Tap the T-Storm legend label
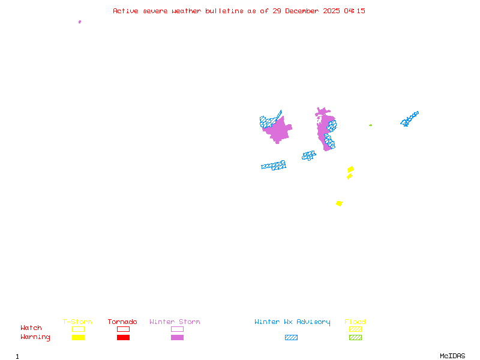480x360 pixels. (x=77, y=322)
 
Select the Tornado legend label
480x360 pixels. (x=122, y=322)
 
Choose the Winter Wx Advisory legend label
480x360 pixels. (x=292, y=322)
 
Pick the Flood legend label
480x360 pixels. (x=355, y=322)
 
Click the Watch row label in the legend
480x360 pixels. (x=31, y=328)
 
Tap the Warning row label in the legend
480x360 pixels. (x=35, y=337)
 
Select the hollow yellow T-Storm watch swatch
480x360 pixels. (x=78, y=329)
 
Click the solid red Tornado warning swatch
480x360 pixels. (x=123, y=337)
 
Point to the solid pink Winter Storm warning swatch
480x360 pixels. (x=177, y=337)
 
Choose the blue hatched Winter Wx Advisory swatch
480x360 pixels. (x=291, y=337)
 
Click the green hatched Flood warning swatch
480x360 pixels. (x=355, y=337)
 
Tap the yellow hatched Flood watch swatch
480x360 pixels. (x=355, y=329)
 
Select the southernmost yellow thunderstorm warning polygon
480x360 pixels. (x=339, y=203)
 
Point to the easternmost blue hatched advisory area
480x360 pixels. (x=409, y=118)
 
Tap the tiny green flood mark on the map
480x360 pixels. (x=370, y=125)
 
